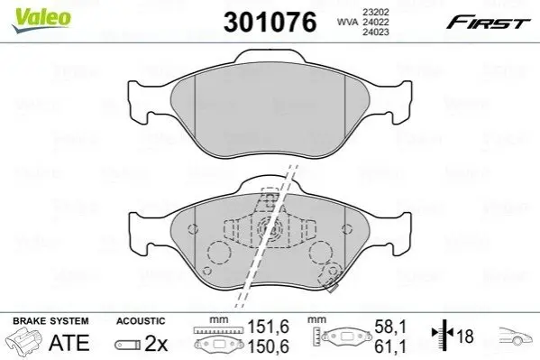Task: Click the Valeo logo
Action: pos(41,20)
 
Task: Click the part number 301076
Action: pos(270,22)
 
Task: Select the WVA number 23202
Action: pos(375,12)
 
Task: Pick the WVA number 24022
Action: pos(375,22)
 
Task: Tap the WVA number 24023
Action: pos(375,32)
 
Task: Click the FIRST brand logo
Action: pos(489,23)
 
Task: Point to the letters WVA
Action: pos(347,23)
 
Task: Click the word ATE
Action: pos(69,343)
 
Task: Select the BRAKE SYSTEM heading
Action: pos(50,321)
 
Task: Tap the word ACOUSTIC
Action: pos(141,321)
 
